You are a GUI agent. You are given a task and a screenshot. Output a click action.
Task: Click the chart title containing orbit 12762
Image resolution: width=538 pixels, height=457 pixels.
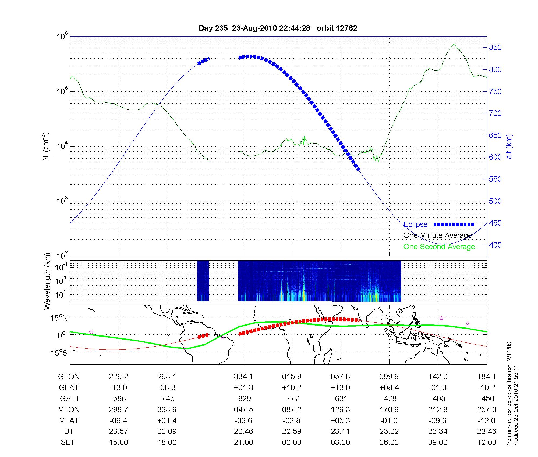point(278,28)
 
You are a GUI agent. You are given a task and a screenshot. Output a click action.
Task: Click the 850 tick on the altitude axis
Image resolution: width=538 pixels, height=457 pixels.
point(495,48)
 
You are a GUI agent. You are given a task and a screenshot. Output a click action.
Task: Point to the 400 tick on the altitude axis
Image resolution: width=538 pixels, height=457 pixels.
point(495,245)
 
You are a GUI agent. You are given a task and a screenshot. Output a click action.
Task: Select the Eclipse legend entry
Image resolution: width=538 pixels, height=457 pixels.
point(415,224)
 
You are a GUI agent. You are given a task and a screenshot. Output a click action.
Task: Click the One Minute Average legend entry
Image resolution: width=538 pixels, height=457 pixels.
point(438,235)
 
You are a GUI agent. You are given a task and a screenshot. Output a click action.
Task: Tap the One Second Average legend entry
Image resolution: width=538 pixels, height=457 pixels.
point(439,247)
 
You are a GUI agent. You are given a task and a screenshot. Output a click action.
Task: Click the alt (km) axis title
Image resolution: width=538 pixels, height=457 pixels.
point(509,147)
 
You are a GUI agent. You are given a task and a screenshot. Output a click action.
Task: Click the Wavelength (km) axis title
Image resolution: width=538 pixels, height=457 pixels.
point(47,281)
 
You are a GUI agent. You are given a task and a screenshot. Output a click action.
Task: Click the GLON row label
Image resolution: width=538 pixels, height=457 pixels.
point(69,377)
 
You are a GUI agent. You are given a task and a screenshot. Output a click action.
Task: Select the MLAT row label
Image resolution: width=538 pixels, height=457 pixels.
point(69,420)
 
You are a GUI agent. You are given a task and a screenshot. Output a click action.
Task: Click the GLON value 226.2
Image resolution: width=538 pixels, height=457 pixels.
point(118,377)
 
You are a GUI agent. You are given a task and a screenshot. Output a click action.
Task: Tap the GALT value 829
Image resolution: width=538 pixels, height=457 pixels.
point(244,398)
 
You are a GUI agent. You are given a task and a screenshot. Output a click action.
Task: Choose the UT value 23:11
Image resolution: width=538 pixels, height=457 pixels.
point(340,431)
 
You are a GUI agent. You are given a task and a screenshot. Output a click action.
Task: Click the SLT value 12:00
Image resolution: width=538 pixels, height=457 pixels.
point(487,442)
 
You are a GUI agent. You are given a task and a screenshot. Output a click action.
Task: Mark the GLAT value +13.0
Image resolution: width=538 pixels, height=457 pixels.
point(340,388)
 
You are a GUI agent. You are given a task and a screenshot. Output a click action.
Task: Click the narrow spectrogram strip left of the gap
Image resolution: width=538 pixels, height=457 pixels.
point(203,281)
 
